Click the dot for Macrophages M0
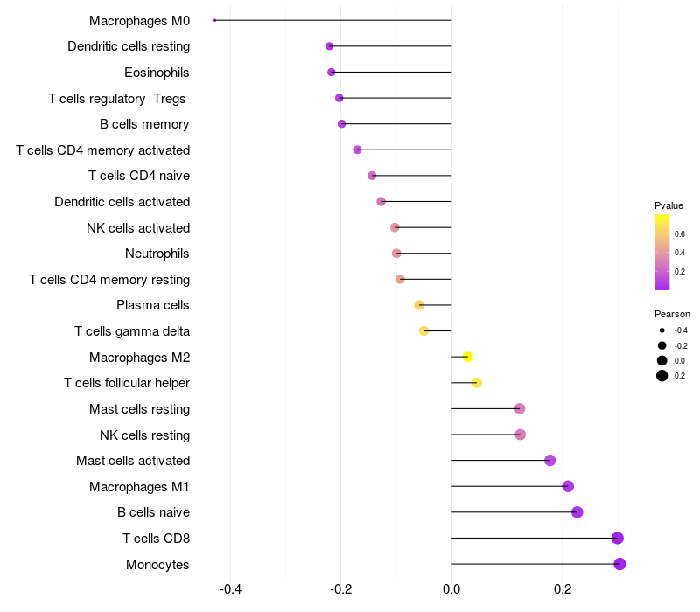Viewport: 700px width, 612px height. coord(214,20)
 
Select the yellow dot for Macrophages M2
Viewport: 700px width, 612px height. coord(468,357)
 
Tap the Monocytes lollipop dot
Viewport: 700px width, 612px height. coord(619,564)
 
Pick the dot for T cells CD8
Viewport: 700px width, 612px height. coord(618,539)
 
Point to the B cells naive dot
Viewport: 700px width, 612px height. coord(577,512)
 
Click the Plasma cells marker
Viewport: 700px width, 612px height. coord(419,305)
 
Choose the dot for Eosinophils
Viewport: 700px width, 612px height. coord(331,72)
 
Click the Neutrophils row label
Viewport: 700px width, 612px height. coord(157,254)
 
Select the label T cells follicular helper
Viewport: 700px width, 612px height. coord(127,383)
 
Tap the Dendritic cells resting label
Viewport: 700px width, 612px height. coord(129,45)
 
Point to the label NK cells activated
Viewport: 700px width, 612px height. coord(138,228)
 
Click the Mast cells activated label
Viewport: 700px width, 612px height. coord(133,461)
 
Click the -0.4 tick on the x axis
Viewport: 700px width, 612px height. coord(230,589)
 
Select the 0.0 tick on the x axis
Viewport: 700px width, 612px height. coord(451,589)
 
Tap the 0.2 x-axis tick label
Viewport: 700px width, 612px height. coord(562,589)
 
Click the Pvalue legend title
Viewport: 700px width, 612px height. coord(668,205)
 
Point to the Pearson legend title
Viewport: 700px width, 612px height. coord(672,314)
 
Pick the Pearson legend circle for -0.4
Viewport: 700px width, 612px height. coord(662,330)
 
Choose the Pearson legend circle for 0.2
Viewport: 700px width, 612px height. coord(662,376)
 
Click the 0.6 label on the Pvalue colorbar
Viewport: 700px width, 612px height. coord(680,233)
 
